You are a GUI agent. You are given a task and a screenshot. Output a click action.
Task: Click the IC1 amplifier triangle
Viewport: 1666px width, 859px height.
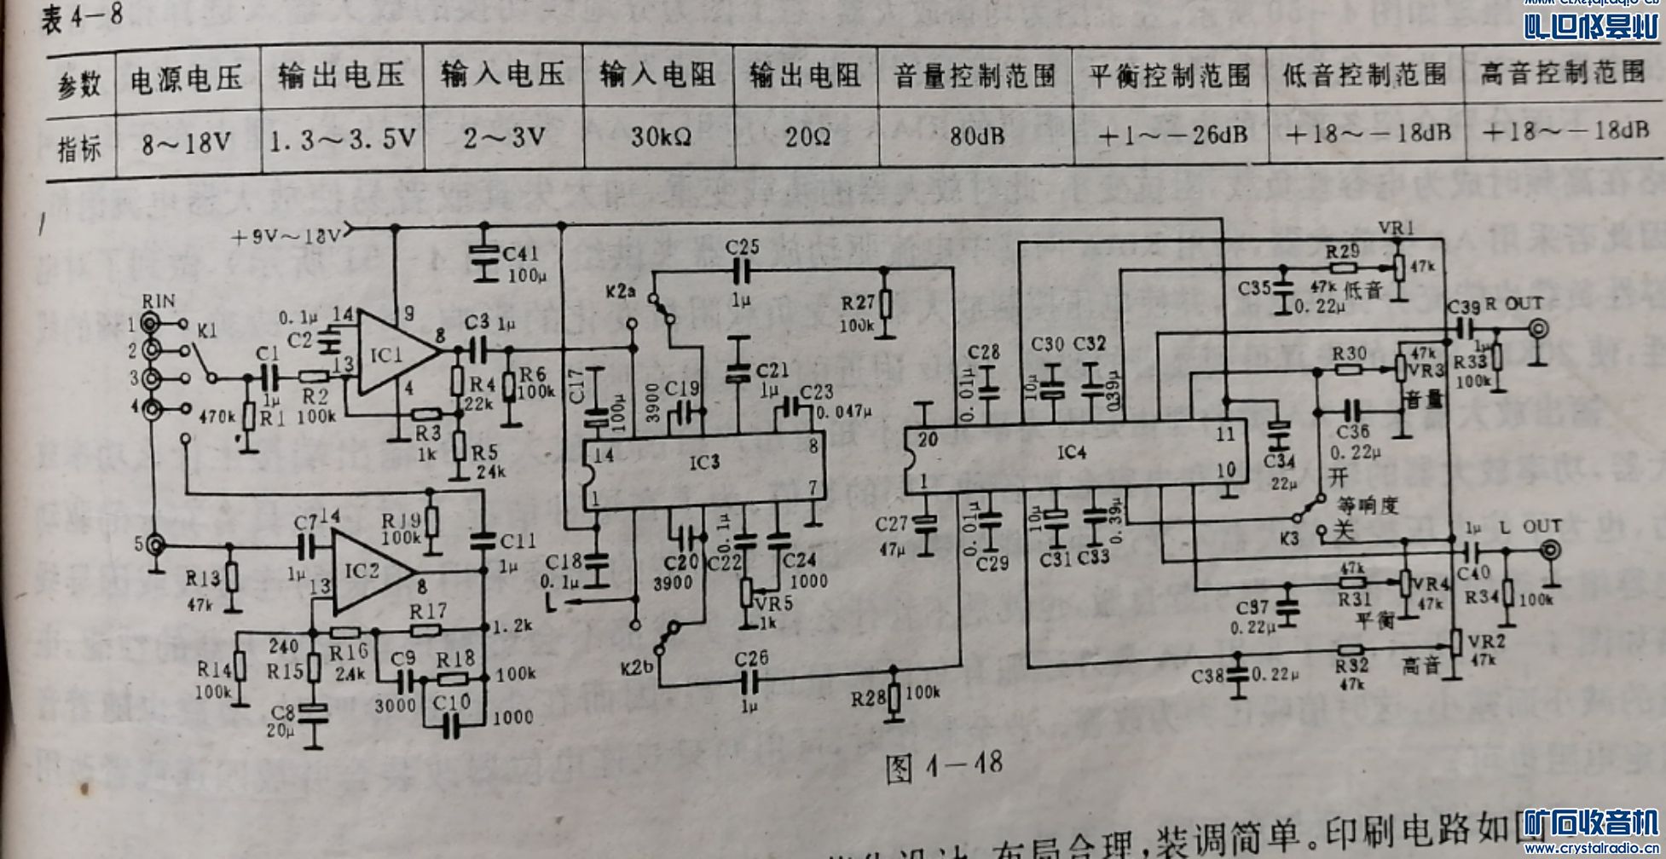[x=388, y=354]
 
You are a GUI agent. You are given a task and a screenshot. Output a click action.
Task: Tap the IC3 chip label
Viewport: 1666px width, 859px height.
[x=704, y=462]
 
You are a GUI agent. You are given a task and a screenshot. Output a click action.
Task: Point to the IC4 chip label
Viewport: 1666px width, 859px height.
[x=1071, y=453]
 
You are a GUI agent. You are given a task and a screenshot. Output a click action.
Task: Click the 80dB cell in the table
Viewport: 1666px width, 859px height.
[x=977, y=135]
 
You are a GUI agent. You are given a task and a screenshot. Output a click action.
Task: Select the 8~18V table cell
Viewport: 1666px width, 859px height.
[x=186, y=141]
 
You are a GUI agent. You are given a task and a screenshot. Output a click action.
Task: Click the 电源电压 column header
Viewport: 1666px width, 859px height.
[x=186, y=79]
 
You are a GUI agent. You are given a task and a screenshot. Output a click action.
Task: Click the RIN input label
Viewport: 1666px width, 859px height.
[x=159, y=301]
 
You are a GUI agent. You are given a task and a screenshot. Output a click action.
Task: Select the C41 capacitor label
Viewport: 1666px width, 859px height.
[x=520, y=253]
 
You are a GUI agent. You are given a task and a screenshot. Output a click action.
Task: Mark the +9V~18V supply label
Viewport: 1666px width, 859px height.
[x=286, y=236]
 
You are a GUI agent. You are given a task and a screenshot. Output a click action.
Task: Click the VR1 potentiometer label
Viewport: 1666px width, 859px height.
[x=1396, y=227]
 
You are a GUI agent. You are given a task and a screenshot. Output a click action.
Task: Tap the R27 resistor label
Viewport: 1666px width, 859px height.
[x=859, y=303]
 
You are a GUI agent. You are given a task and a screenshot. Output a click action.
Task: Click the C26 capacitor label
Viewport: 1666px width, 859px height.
[x=751, y=658]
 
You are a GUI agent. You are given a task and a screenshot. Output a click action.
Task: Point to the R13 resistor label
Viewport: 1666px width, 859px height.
[x=203, y=579]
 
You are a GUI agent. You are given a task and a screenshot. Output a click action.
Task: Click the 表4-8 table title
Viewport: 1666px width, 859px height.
[x=82, y=17]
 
